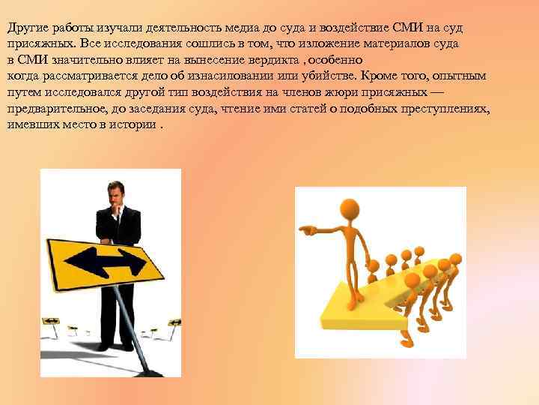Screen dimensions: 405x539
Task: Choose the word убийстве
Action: tap(332, 76)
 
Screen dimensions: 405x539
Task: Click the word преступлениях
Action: tap(445, 109)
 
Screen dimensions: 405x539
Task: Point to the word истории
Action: tap(138, 124)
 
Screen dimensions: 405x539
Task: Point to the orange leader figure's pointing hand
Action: tap(307, 229)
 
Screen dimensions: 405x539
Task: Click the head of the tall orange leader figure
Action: tap(350, 207)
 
